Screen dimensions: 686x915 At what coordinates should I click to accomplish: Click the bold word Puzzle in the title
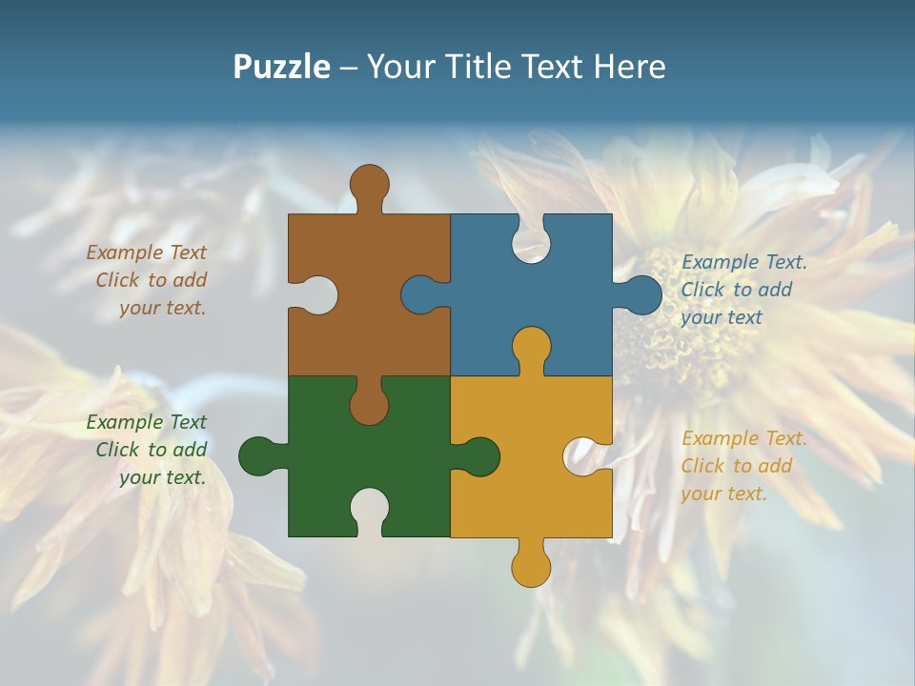[281, 67]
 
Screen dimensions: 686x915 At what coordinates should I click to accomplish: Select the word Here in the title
[629, 67]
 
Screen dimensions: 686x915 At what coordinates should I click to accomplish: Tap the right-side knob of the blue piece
[641, 295]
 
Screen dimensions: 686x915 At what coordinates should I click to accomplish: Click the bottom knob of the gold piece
[531, 567]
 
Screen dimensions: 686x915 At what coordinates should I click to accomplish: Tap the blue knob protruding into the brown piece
[420, 294]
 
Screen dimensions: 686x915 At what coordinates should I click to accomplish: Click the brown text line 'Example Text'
[146, 252]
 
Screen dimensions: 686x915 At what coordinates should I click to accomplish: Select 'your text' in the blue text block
[722, 317]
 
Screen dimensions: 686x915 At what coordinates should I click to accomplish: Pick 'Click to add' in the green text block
[151, 450]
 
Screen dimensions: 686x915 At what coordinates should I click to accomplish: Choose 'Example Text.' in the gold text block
[744, 438]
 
